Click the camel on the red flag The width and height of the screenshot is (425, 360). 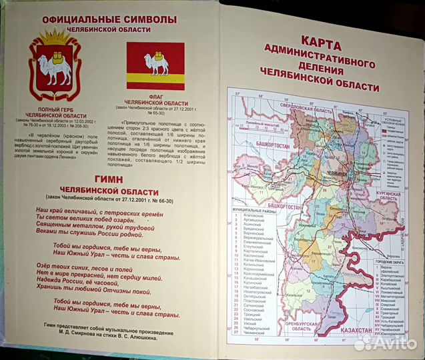155,63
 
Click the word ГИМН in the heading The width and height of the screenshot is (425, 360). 109,179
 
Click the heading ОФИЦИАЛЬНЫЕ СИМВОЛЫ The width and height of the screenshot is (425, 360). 109,19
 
